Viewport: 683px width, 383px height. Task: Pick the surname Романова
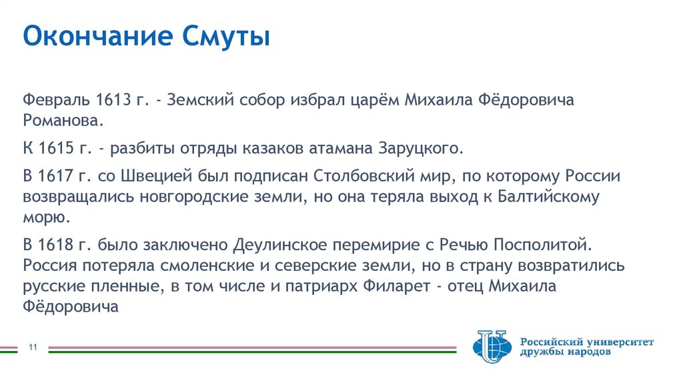tap(63, 121)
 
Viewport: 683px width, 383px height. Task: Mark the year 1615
tap(55, 147)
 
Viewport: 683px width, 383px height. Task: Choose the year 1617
tap(55, 176)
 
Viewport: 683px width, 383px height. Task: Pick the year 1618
tap(55, 244)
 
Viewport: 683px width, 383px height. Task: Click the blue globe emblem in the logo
tap(492, 346)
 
